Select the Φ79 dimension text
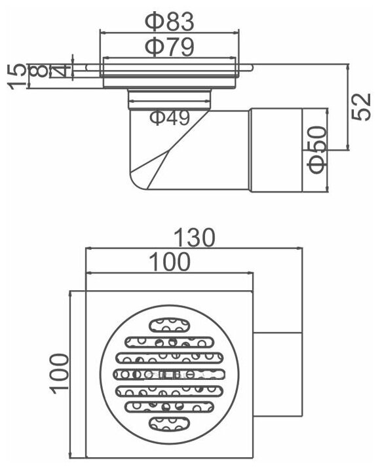point(169,47)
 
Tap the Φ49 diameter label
point(170,117)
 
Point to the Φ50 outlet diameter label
point(317,149)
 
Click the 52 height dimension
point(361,107)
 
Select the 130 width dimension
point(195,238)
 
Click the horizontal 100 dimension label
point(170,261)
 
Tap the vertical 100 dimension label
point(59,374)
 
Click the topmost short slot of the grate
point(169,325)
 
